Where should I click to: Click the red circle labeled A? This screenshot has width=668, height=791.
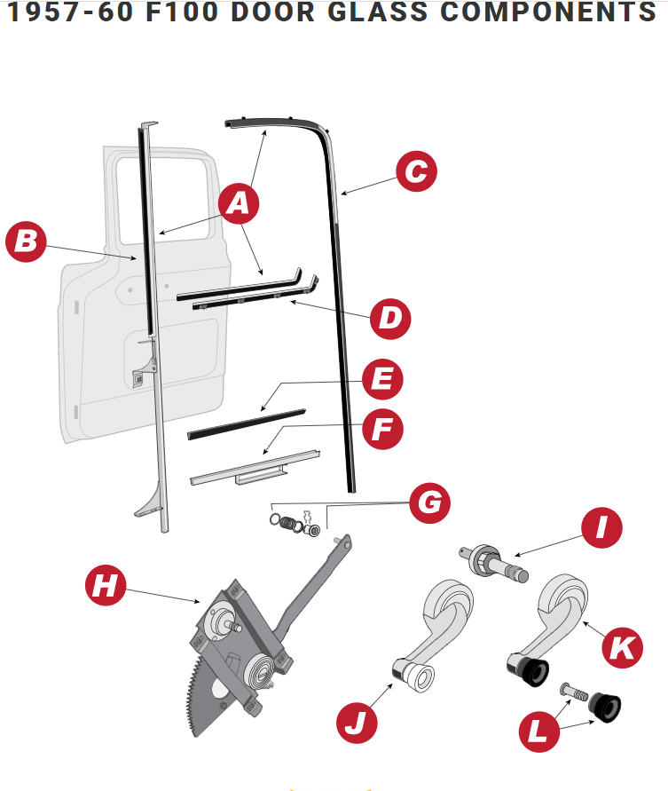pos(237,204)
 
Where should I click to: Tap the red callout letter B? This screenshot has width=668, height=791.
pos(27,242)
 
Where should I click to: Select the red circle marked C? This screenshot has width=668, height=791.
pos(416,172)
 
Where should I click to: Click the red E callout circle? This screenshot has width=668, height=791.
pos(382,381)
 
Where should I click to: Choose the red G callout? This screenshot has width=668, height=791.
pos(428,503)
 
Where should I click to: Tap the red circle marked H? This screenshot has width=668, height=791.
pos(105,585)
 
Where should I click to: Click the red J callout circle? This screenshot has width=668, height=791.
pos(357,722)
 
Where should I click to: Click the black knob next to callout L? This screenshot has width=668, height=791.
pos(607,707)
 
